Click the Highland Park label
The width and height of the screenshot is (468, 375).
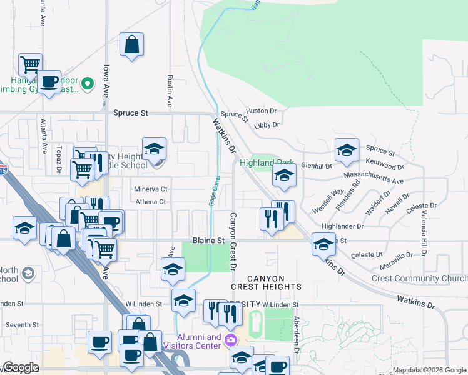[x=266, y=162]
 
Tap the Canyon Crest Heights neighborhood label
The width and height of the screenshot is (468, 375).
[x=266, y=282]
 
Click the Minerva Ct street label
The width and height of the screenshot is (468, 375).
[x=151, y=189]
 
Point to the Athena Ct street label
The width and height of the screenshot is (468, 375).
[x=150, y=202]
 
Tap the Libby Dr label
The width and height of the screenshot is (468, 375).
[x=267, y=125]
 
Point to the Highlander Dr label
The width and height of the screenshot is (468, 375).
[x=342, y=226]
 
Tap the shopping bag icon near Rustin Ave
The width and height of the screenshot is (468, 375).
[x=131, y=45]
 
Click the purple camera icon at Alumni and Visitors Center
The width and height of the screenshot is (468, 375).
[x=231, y=340]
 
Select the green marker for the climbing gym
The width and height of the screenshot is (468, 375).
[x=88, y=82]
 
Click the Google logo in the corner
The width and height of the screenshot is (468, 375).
[x=21, y=367]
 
